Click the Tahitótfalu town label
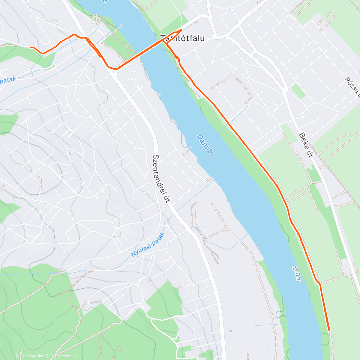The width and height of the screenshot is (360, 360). pos(182,38)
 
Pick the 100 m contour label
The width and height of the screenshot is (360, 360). pos(296,274)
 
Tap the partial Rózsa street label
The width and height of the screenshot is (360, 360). pos(352,87)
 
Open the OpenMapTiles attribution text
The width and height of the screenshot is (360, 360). pos(32,356)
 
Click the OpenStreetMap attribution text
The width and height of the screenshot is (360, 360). pos(63,356)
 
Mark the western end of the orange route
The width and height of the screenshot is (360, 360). pos(30,47)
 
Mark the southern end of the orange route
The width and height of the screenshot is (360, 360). pos(329,330)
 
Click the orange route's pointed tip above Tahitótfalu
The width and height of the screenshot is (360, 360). pos(181,30)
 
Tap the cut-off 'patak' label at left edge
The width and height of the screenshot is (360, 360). pos(7,80)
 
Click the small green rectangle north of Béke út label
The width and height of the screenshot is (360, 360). pos(298,91)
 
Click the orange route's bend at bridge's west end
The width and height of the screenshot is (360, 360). pos(116,69)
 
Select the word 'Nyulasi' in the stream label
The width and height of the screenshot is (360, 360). pos(142,248)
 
